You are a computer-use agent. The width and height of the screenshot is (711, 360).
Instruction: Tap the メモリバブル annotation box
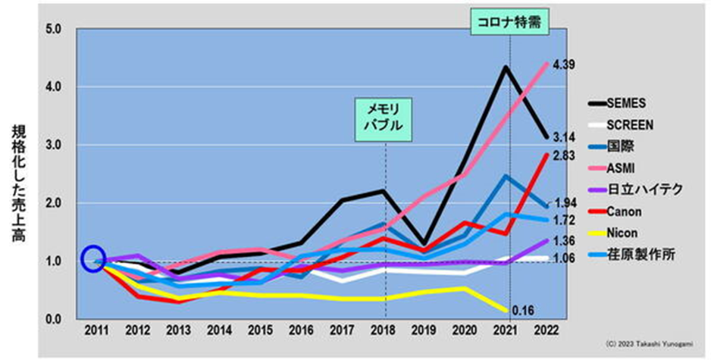coord(385,118)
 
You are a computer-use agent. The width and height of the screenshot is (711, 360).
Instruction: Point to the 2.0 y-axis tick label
coord(62,203)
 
